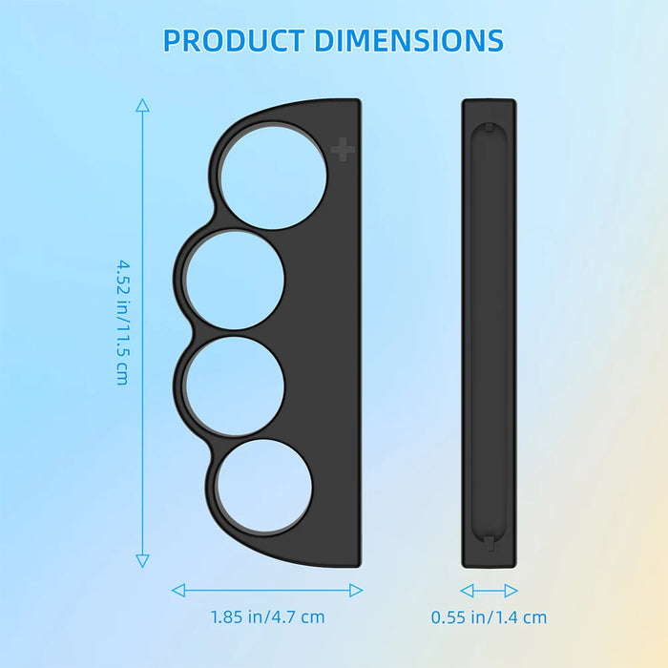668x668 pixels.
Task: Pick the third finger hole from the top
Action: (x=235, y=384)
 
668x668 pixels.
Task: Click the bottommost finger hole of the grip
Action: (x=264, y=487)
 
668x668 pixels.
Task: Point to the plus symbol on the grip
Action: (x=343, y=150)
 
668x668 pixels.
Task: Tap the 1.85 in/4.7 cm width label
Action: (x=267, y=617)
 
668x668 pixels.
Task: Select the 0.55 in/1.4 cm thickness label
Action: (x=489, y=617)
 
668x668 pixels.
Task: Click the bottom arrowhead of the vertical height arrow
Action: (x=142, y=561)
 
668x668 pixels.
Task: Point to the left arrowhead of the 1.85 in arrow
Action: (x=177, y=590)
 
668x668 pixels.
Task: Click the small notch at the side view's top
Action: (x=489, y=126)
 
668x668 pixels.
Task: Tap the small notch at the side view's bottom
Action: (x=489, y=542)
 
